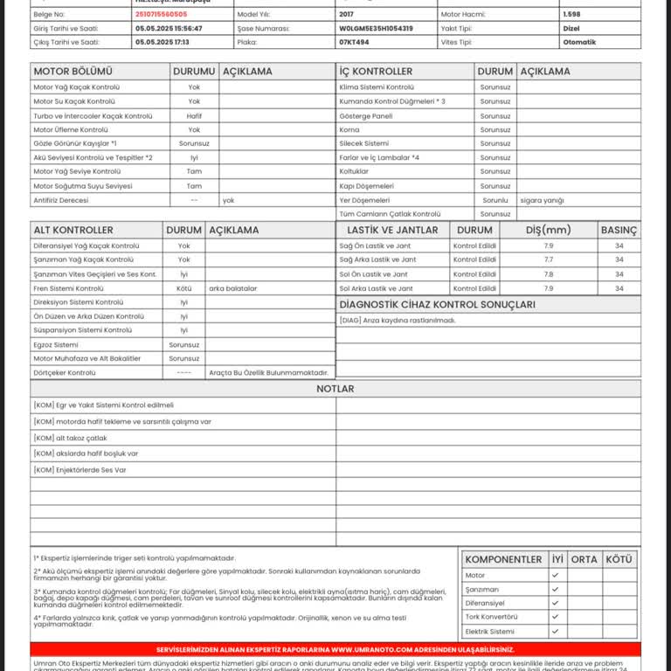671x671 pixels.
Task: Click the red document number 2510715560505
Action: click(x=161, y=15)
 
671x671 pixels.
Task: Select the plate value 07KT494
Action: click(x=355, y=42)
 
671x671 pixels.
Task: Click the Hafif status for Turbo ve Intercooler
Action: click(x=194, y=115)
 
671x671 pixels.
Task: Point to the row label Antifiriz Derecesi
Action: click(x=60, y=200)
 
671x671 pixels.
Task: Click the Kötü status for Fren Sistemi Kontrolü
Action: click(x=183, y=288)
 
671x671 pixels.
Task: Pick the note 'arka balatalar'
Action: click(x=233, y=288)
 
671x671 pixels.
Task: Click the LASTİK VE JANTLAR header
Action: click(x=392, y=230)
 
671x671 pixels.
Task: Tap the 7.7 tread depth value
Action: click(x=549, y=260)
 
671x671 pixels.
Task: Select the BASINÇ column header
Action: click(x=619, y=230)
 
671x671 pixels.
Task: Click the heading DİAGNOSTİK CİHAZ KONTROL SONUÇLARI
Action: click(x=437, y=305)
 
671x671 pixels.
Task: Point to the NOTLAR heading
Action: click(x=335, y=389)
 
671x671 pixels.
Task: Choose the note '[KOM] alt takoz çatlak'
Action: click(x=70, y=438)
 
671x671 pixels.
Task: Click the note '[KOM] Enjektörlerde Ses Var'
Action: click(x=80, y=470)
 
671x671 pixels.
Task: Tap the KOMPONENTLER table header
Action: click(x=504, y=559)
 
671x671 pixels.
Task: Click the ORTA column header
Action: click(x=584, y=559)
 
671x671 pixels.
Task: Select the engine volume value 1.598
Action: click(x=572, y=15)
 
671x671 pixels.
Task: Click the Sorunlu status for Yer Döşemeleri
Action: click(x=495, y=200)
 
